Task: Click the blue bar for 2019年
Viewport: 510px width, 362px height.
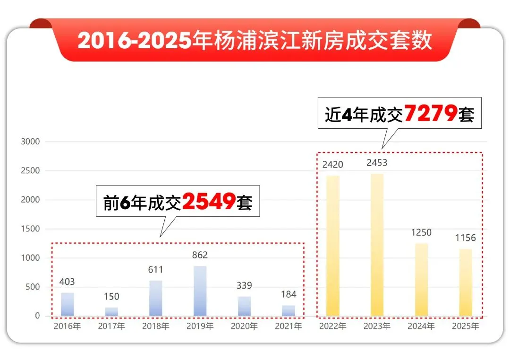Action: tap(200, 291)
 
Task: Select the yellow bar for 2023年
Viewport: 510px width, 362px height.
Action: tap(377, 245)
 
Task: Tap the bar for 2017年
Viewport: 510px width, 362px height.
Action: tap(111, 311)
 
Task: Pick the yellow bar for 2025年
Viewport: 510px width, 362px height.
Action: tap(465, 283)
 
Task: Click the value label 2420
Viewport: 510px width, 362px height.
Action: tap(332, 165)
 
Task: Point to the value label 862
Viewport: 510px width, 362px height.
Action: tap(200, 255)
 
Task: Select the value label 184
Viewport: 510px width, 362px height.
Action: tap(289, 294)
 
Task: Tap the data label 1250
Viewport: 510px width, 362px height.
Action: tap(421, 232)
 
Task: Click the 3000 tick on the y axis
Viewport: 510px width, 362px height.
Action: tap(31, 141)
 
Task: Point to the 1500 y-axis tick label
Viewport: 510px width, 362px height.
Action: tap(31, 229)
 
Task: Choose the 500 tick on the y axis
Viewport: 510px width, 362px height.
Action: tap(33, 287)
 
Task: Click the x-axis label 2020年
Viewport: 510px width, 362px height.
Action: tap(244, 327)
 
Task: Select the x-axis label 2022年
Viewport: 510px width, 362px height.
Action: tap(332, 327)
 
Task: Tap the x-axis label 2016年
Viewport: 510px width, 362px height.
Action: tap(68, 327)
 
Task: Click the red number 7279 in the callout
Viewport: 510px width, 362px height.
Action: tap(431, 114)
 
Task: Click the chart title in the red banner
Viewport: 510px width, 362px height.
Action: tap(255, 41)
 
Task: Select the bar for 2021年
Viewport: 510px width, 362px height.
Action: tap(289, 310)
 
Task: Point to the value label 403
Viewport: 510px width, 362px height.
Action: tap(67, 282)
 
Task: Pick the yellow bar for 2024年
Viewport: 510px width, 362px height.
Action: tap(421, 279)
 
